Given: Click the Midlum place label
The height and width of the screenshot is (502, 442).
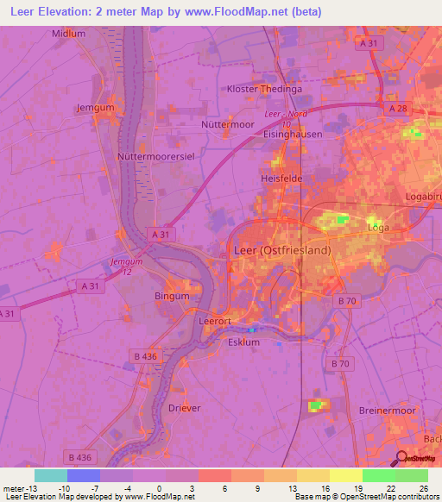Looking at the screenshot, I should (69, 34).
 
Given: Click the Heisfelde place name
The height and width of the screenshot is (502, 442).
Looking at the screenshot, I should (280, 179).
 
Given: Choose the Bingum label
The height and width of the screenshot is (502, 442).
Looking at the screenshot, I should (172, 296).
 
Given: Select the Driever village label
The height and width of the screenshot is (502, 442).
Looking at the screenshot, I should (185, 408).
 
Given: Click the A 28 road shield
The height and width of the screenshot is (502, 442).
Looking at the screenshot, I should (398, 109).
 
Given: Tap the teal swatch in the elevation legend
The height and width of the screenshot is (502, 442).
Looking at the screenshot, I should (51, 475).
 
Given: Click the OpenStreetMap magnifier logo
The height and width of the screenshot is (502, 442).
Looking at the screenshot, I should (401, 459).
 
